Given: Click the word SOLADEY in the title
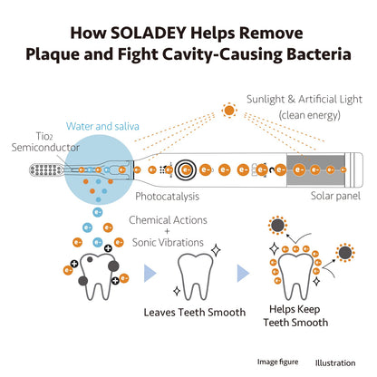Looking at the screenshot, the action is coord(148,33).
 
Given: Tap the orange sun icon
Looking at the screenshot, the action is coord(229,111).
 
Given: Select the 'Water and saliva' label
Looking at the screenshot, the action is coord(102,126).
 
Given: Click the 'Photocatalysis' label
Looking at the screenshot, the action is coord(167,197).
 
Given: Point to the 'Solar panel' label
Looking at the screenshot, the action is coord(335,196).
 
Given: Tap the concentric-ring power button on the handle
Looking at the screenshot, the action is coord(186,170).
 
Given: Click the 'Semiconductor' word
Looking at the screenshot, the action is coord(45,148).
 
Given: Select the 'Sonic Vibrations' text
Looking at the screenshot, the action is coord(168,242).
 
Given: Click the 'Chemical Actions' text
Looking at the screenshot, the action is coord(168,220).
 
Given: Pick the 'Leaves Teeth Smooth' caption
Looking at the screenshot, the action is coord(195,312).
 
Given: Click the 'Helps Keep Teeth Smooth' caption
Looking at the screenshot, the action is coord(295,315).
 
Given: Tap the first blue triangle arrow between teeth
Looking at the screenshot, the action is coord(150,274).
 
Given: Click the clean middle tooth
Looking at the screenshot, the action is coord(195,276).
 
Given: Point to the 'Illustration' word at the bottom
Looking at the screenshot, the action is coord(335,362).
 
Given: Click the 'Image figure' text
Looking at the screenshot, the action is coord(277,362).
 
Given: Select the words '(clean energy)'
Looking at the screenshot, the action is coord(310,115).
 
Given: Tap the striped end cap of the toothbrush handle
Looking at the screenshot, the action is coord(354,169).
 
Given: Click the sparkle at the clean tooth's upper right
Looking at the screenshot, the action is coord(216,250).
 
